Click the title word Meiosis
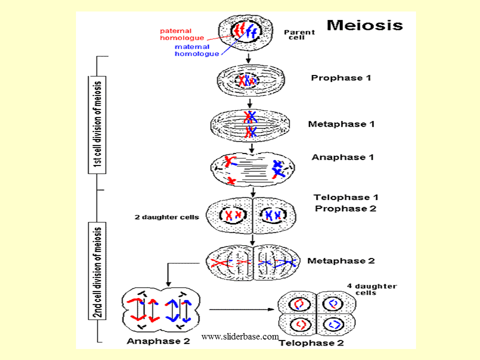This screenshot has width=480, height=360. [364, 25]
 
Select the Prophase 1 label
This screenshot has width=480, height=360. [341, 78]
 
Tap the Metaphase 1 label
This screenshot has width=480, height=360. [341, 124]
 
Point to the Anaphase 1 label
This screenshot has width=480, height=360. [342, 157]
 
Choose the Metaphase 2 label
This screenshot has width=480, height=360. [341, 260]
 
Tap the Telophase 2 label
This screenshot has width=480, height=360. [311, 343]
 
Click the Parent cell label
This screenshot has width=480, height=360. [299, 35]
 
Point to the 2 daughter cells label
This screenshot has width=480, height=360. [166, 217]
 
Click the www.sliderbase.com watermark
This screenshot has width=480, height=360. [239, 337]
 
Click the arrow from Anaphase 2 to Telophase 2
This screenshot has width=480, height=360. [242, 310]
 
